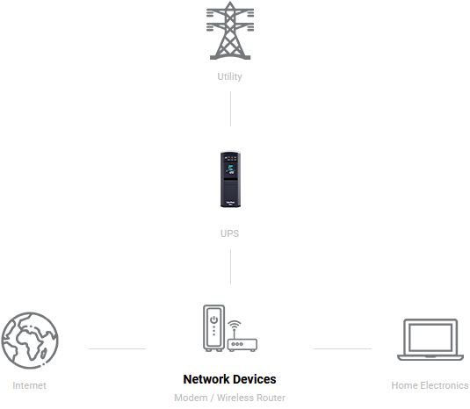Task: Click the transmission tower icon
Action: (230, 31)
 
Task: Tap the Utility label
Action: (229, 76)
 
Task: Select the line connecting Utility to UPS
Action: (230, 109)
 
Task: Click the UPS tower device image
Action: (230, 180)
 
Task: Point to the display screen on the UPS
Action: (230, 169)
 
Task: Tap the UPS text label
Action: (229, 233)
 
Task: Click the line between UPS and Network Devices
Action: (230, 267)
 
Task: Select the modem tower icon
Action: (213, 328)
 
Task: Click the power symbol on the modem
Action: (213, 319)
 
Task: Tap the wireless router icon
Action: (242, 341)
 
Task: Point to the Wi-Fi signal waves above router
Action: (235, 325)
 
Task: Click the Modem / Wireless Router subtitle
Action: (229, 398)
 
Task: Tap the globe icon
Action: (30, 341)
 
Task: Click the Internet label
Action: (29, 385)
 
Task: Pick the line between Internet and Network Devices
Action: (117, 348)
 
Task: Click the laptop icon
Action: (430, 340)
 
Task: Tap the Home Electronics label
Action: (430, 385)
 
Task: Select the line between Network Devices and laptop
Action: (343, 348)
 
